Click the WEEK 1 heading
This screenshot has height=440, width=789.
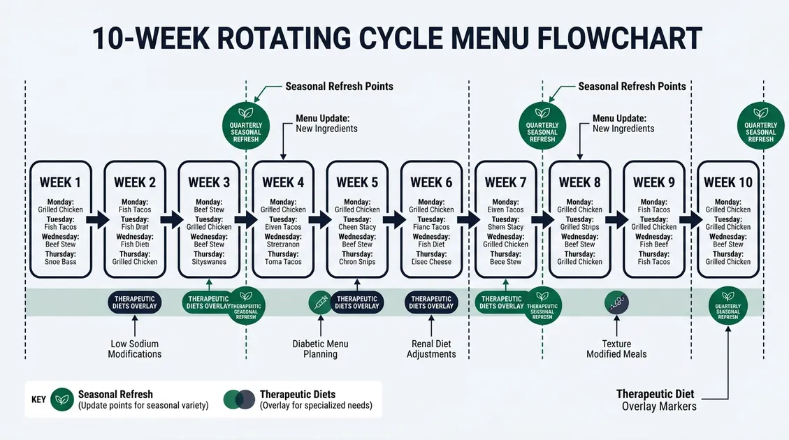[x=60, y=182]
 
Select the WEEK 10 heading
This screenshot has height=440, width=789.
[x=728, y=182]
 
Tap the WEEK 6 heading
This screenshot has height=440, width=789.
[x=431, y=182]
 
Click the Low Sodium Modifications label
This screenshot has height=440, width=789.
[x=134, y=349]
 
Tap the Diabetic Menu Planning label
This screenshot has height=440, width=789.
[x=320, y=349]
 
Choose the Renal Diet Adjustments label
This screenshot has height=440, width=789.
[x=431, y=349]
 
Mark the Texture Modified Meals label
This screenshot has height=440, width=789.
[x=616, y=349]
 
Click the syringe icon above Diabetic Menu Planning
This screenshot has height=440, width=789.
[x=319, y=302]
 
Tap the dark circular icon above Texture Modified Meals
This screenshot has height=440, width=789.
[x=616, y=302]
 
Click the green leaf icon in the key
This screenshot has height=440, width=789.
[x=61, y=399]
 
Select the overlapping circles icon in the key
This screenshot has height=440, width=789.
[x=238, y=399]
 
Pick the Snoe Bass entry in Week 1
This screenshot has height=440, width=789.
[x=60, y=262]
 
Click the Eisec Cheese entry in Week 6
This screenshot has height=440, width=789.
[x=431, y=262]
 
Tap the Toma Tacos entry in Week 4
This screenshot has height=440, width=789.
[x=283, y=262]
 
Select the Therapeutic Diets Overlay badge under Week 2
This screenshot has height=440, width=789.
[x=135, y=302]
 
